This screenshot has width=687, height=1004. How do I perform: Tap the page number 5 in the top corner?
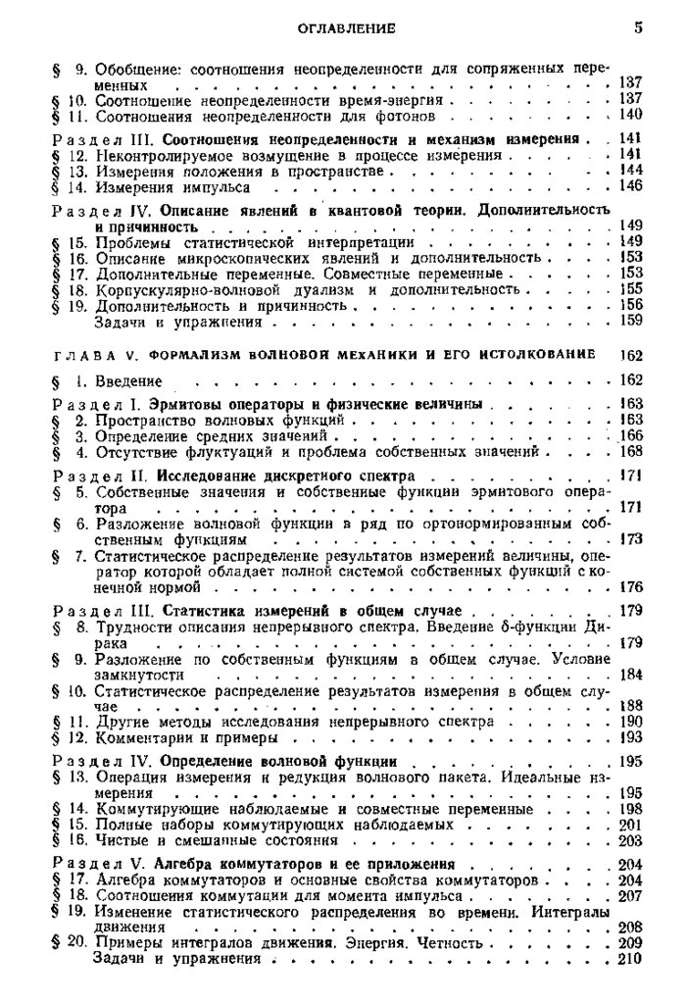(x=638, y=28)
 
